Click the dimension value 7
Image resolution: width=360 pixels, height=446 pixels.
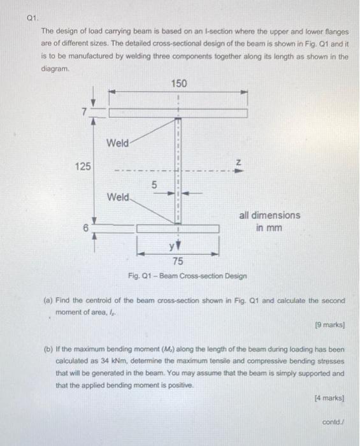tap(82, 111)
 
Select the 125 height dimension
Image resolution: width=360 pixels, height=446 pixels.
tap(82, 166)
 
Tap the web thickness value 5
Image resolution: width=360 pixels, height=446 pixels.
tap(153, 185)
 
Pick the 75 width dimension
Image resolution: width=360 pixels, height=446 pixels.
tap(178, 261)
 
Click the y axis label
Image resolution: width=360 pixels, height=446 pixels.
tap(171, 247)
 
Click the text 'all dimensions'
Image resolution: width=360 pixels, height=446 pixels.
tap(269, 215)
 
